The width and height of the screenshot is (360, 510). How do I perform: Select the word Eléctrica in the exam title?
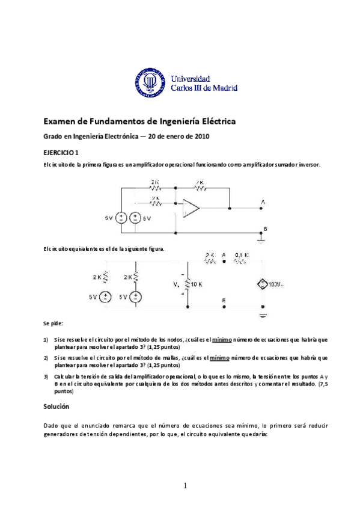214,122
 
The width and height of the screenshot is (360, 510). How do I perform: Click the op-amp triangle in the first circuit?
191,209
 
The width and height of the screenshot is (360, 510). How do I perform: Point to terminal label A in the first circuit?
261,202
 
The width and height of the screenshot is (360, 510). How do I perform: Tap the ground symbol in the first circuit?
261,240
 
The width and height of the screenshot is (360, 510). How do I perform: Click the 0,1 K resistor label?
242,255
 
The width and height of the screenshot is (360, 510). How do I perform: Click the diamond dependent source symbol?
261,283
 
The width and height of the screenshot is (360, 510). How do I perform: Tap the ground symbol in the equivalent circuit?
262,314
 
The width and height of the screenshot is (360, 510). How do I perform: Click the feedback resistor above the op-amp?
200,188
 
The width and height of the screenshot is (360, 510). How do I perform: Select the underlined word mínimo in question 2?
219,357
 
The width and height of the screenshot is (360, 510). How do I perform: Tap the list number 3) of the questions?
46,376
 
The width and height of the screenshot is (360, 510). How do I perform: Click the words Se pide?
53,324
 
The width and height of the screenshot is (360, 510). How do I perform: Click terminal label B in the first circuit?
265,229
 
